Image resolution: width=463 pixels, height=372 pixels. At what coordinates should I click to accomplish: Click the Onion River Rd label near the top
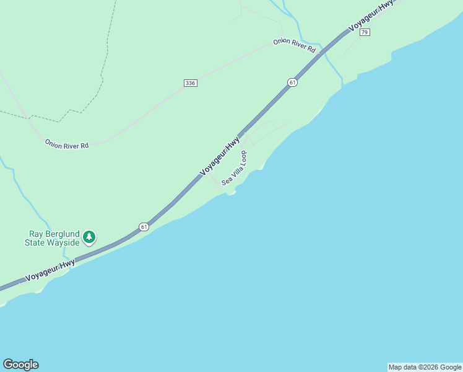[295, 46]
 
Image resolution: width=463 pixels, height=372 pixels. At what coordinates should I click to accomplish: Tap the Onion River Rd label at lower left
[67, 144]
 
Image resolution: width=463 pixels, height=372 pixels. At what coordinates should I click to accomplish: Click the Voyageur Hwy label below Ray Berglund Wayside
[50, 272]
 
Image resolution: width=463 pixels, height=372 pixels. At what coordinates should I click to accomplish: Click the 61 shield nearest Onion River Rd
[292, 82]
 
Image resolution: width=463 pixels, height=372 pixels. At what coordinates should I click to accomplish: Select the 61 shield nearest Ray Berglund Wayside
[144, 226]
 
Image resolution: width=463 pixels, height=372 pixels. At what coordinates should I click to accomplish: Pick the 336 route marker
[191, 83]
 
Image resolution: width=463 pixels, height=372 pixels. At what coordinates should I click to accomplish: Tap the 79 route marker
[365, 32]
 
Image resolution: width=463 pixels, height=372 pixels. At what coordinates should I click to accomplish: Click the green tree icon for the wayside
[90, 236]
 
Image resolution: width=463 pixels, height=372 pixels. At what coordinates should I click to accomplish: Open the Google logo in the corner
[20, 365]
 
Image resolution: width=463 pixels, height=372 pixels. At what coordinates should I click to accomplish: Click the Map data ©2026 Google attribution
[425, 367]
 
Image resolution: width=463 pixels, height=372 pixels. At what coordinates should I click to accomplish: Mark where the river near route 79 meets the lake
[342, 84]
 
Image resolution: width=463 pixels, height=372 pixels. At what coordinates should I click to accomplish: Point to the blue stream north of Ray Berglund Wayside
[25, 198]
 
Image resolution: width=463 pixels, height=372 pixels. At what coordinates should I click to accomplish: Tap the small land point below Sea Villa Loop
[231, 193]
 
